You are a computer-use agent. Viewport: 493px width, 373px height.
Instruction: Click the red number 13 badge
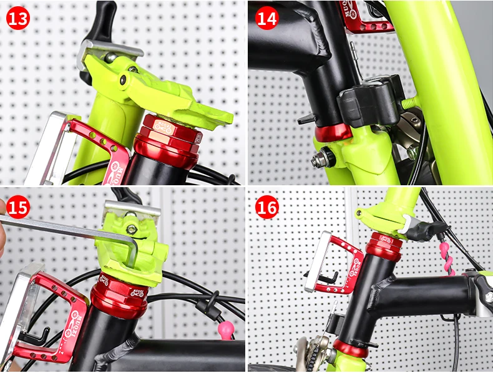[18, 19]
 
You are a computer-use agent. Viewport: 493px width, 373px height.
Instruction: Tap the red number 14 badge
[267, 19]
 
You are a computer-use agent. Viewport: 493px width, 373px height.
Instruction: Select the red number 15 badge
[18, 206]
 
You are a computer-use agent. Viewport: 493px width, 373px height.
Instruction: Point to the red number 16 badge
[267, 206]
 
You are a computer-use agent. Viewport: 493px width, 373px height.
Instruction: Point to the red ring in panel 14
[334, 133]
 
